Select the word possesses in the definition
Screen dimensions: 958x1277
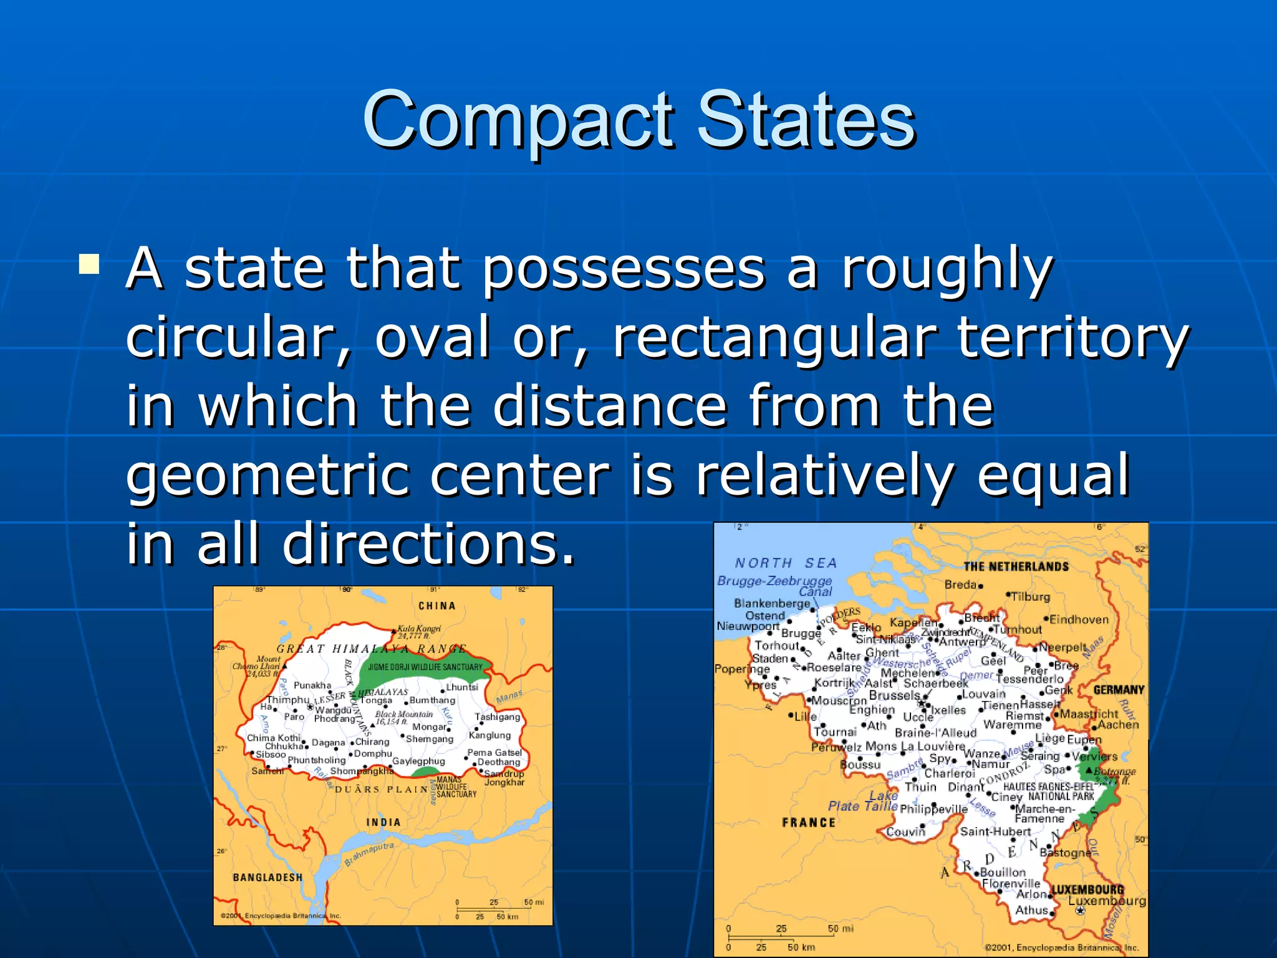pos(624,269)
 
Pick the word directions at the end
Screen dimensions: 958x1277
pos(428,544)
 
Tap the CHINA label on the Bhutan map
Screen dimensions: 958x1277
pos(436,606)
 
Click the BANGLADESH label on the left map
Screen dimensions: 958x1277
pos(267,878)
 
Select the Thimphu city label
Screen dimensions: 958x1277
pos(288,700)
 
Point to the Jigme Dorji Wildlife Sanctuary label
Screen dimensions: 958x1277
pos(425,667)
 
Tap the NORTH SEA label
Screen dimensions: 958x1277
pos(786,563)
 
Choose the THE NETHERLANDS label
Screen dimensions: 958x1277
pos(1016,566)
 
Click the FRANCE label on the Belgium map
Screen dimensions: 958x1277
pos(808,823)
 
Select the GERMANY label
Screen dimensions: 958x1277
pos(1119,690)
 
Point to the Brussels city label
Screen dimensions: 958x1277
pos(894,695)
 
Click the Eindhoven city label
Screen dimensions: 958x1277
pos(1079,619)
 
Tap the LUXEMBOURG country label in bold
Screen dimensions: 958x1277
pos(1087,889)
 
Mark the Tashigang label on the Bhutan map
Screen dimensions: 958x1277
pos(497,717)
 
